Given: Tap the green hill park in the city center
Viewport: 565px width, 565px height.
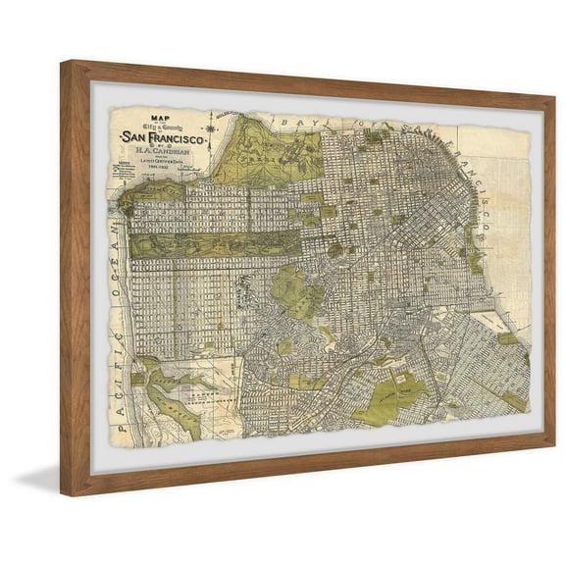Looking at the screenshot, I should [x=294, y=289].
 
